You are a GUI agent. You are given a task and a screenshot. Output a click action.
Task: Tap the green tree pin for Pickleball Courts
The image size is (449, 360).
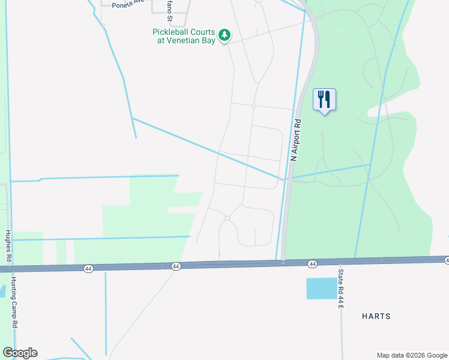click(x=224, y=35)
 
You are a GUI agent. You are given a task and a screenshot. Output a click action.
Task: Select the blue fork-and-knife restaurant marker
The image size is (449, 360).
click(x=324, y=100)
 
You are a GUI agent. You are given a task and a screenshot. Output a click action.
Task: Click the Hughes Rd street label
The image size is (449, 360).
click(x=8, y=246)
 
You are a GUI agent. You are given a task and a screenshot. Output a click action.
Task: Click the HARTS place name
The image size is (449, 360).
click(x=376, y=316)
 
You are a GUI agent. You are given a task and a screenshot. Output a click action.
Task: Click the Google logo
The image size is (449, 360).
click(x=20, y=353)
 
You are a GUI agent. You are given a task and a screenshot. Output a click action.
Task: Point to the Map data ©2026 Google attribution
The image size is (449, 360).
click(x=411, y=355)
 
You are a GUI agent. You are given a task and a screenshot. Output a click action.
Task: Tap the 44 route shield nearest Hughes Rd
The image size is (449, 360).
click(x=88, y=269)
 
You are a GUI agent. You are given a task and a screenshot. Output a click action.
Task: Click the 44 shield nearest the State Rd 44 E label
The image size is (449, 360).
click(x=312, y=264)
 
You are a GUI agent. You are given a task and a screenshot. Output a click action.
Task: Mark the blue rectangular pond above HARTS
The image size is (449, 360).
click(x=322, y=289)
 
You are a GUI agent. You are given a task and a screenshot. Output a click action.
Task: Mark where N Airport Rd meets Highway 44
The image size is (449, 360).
click(x=283, y=262)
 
